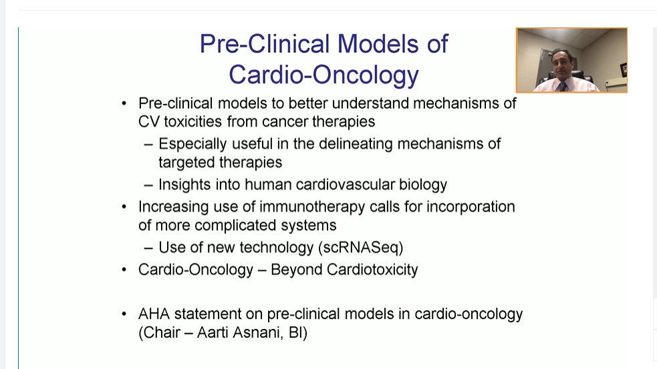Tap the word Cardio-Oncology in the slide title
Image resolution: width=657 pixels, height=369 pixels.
323,75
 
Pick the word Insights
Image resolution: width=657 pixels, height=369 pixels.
186,184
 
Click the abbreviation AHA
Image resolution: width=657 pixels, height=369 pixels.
154,314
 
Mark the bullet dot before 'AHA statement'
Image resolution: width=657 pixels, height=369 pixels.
124,314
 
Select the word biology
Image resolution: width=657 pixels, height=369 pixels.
423,184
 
